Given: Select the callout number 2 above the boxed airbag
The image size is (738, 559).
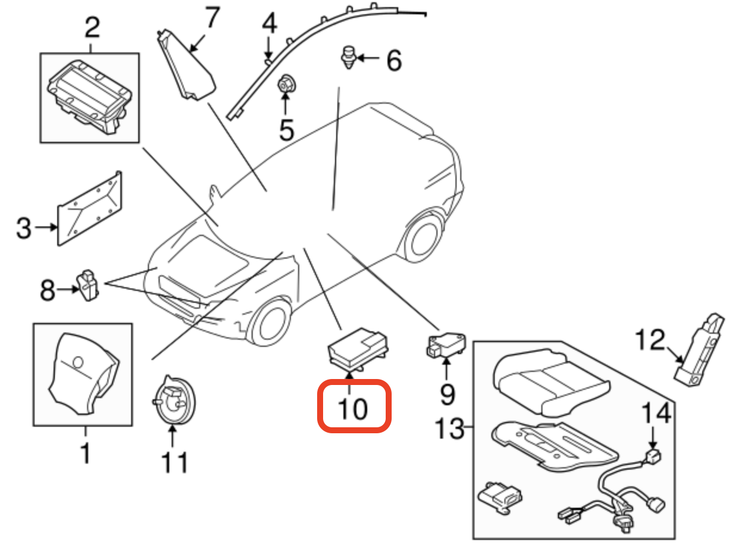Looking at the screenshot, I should point(92,29).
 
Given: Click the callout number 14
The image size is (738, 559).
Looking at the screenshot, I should point(655,414).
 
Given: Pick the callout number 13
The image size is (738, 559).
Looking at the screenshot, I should point(449,428).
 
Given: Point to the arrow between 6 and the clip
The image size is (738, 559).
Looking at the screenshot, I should point(369,58).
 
